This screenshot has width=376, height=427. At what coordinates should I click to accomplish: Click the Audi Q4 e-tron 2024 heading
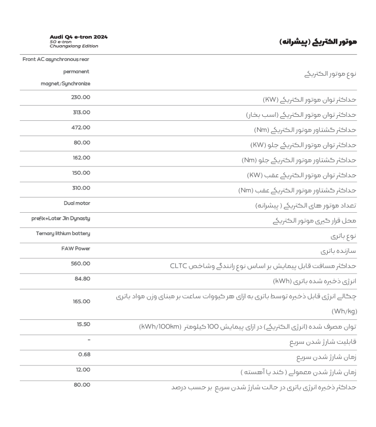79,36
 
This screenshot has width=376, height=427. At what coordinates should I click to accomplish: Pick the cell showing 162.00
81,158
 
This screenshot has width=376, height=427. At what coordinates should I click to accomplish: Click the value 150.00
81,173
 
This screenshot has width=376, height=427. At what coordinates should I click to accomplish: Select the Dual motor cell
77,204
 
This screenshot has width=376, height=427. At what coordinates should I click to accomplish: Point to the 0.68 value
84,354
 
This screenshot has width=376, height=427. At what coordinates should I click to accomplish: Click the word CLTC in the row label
180,266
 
